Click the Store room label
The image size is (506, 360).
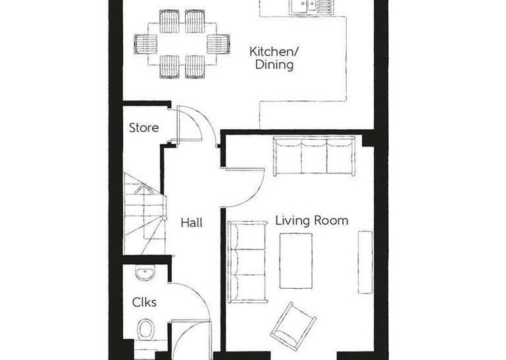pyautogui.click(x=144, y=128)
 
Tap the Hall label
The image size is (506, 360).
pyautogui.click(x=191, y=222)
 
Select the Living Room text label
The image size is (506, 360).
pyautogui.click(x=312, y=221)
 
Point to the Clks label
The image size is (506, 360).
pyautogui.click(x=144, y=302)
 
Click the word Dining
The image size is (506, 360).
pyautogui.click(x=274, y=64)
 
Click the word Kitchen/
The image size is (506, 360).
pyautogui.click(x=274, y=51)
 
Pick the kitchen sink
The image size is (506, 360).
pyautogui.click(x=310, y=7)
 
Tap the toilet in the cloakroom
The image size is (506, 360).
pyautogui.click(x=146, y=329)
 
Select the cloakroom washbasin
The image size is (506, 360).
pyautogui.click(x=145, y=273)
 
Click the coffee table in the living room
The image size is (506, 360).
pyautogui.click(x=296, y=261)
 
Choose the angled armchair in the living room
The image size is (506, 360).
pyautogui.click(x=293, y=326)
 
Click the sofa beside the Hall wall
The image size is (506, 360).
pyautogui.click(x=247, y=262)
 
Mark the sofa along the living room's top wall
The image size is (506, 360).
pyautogui.click(x=314, y=156)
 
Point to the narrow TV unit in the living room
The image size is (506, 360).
pyautogui.click(x=365, y=262)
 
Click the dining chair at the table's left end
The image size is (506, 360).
pyautogui.click(x=146, y=44)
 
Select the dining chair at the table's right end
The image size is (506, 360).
pyautogui.click(x=218, y=44)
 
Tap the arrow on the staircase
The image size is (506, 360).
pyautogui.click(x=144, y=190)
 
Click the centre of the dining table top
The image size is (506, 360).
pyautogui.click(x=182, y=44)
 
